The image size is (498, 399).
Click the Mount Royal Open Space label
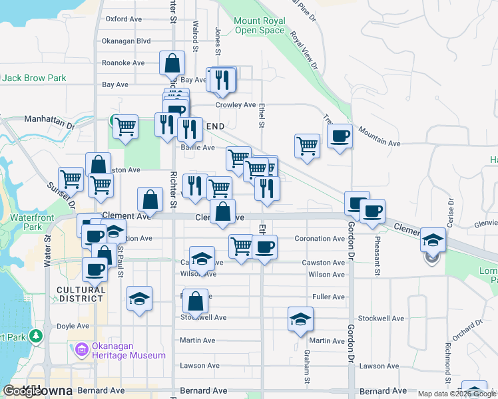coord(259,25)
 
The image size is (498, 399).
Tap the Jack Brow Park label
coord(34,78)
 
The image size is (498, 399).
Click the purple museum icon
coord(81,348)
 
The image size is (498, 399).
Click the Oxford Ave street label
coord(124,19)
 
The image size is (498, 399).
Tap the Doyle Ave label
coord(73,327)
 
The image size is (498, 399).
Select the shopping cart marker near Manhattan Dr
coord(124,126)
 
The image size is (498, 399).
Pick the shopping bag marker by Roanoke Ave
coord(172,64)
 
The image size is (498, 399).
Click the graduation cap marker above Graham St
coord(300,319)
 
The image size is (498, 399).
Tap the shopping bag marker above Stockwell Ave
coord(195,301)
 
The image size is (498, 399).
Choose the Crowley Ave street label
coord(235,105)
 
